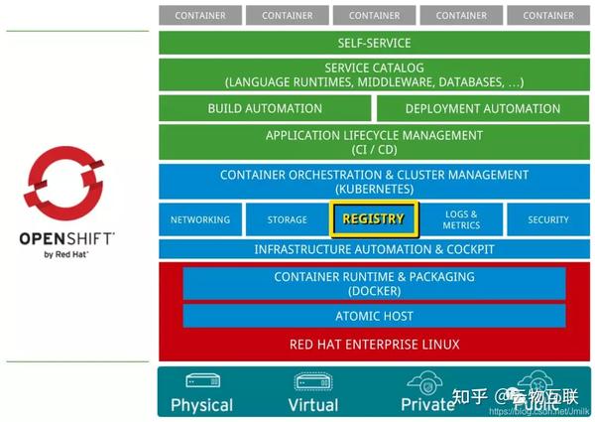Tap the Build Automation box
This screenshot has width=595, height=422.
tap(265, 108)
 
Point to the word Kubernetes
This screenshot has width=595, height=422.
tap(375, 188)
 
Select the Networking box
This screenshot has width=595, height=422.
tap(200, 219)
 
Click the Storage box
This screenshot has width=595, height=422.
tap(288, 219)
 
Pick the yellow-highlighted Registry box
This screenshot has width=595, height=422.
tap(374, 219)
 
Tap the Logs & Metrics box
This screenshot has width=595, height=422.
tap(461, 219)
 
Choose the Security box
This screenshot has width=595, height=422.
tap(548, 219)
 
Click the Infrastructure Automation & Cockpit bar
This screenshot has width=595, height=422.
tap(375, 249)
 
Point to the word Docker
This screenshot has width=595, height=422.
tap(375, 291)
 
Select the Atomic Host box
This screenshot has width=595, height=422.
tap(375, 316)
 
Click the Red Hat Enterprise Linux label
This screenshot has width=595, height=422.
tap(375, 345)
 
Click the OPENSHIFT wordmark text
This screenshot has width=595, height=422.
tap(67, 238)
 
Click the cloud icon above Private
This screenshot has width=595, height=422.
tap(426, 382)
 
